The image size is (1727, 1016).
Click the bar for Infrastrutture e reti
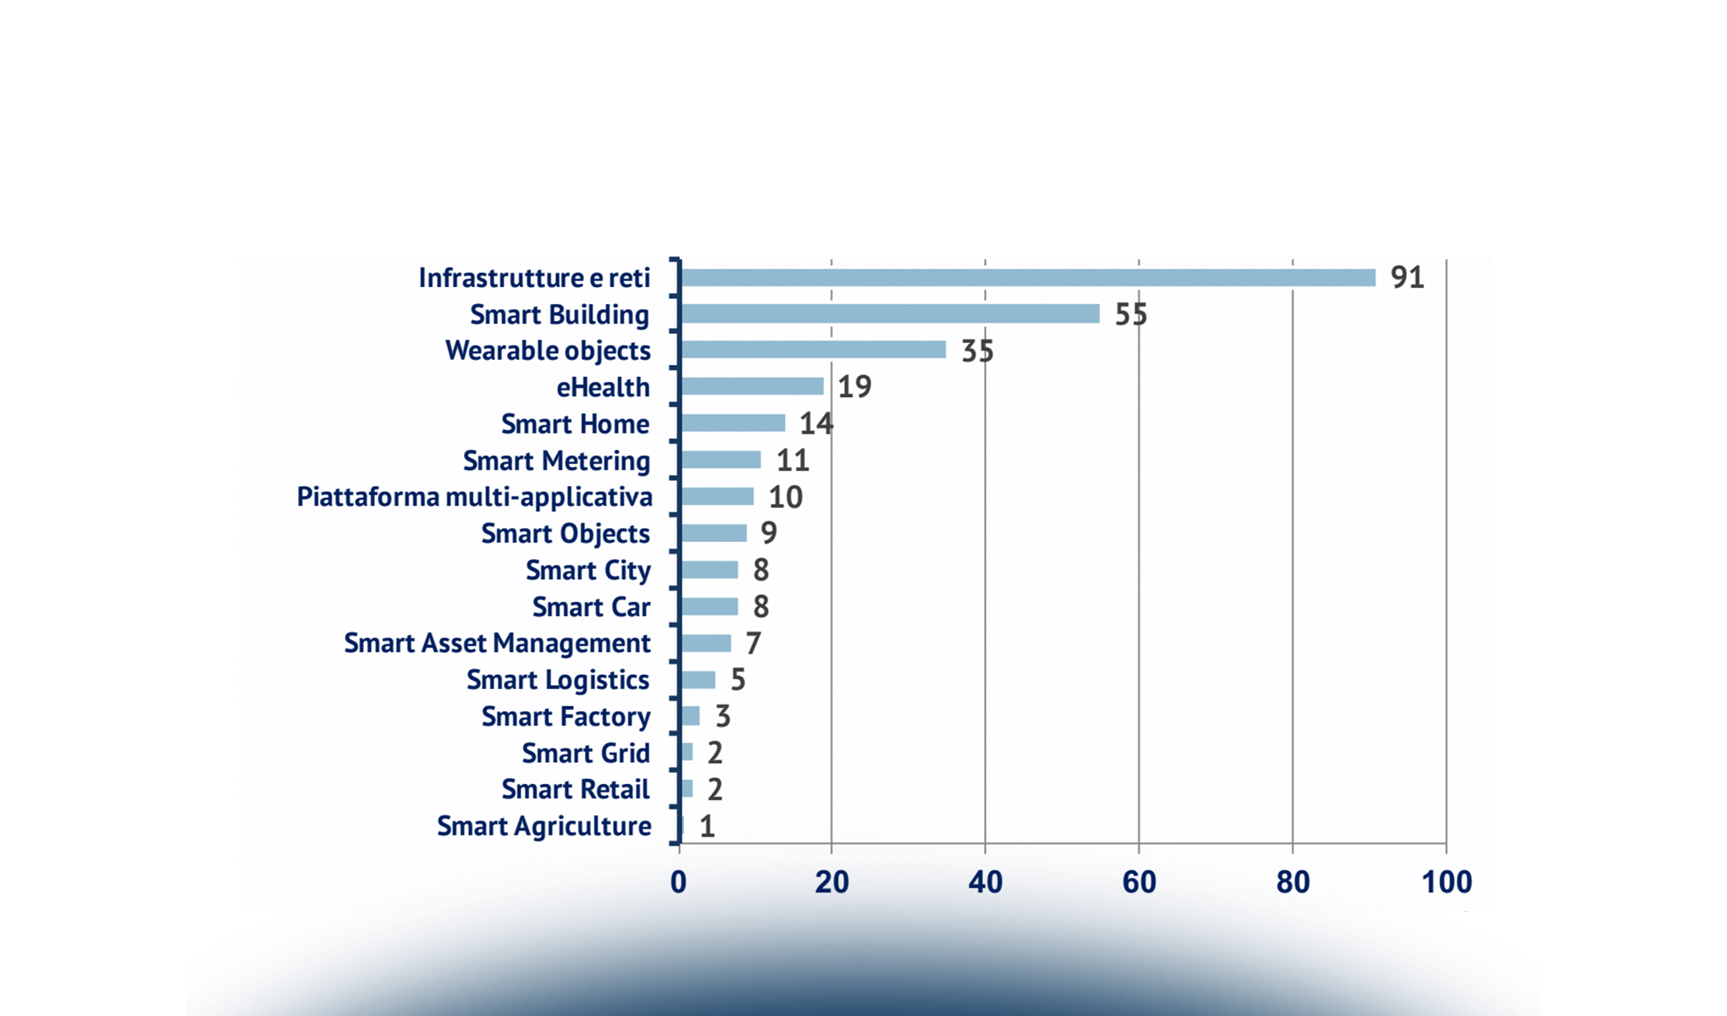(x=1027, y=278)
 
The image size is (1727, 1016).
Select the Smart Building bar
(x=889, y=314)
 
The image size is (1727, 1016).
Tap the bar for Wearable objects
(x=813, y=350)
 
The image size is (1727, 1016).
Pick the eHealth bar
(x=751, y=386)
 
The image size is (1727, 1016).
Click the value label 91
(x=1407, y=278)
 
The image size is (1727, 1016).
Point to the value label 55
(x=1130, y=314)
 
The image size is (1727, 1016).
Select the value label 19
(x=854, y=387)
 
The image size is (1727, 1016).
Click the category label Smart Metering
(x=556, y=461)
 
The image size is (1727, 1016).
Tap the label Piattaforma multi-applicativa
(x=474, y=497)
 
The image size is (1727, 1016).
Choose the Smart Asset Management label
(x=497, y=643)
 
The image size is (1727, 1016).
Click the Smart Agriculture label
(x=543, y=826)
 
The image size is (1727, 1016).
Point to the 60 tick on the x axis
(x=1139, y=882)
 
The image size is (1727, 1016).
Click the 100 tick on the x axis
(x=1446, y=882)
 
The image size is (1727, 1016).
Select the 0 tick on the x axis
(x=678, y=882)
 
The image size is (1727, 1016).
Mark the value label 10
(x=785, y=497)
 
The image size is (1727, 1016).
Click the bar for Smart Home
(x=732, y=423)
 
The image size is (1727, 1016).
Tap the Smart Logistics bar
(x=698, y=680)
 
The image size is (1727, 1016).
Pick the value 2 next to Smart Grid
(x=715, y=753)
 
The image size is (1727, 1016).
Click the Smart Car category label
(x=591, y=607)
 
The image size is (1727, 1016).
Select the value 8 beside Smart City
(x=760, y=570)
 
